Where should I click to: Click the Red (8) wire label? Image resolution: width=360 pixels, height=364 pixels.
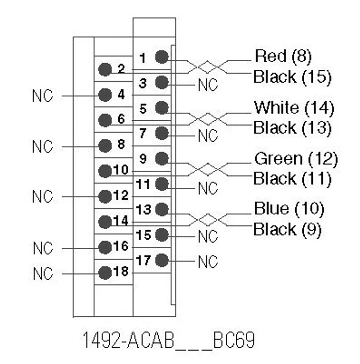[x=283, y=56]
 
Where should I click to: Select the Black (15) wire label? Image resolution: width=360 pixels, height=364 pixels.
[x=292, y=77]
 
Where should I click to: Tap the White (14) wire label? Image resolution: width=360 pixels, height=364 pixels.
[x=294, y=108]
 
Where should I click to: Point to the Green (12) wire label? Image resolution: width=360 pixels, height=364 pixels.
[x=296, y=159]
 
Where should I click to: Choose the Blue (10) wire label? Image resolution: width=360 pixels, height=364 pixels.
[x=289, y=209]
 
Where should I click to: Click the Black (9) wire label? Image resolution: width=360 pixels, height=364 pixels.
[x=287, y=229]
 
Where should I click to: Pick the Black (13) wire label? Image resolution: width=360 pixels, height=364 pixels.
[x=292, y=127]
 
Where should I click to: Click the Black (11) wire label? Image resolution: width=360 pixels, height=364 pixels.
[x=292, y=178]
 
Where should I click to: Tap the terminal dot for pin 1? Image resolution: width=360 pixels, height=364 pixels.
[x=162, y=57]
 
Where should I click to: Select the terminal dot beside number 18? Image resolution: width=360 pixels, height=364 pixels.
[x=105, y=273]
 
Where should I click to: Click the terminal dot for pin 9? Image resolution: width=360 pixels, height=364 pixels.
[x=162, y=159]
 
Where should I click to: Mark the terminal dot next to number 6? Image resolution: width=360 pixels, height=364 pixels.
[x=105, y=120]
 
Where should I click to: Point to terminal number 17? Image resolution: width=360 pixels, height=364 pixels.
[x=144, y=260]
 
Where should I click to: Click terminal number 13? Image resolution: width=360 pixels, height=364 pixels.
[x=144, y=209]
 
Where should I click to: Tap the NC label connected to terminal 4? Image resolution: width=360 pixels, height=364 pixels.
[x=42, y=96]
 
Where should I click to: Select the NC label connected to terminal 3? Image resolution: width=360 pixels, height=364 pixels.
[x=208, y=85]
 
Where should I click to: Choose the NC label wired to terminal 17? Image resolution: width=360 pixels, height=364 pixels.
[x=208, y=262]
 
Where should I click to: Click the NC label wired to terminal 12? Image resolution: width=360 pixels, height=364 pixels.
[x=42, y=196]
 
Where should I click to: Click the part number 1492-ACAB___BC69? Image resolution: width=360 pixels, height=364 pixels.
[x=169, y=340]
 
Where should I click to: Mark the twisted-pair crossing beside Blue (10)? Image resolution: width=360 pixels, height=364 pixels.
[x=207, y=219]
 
